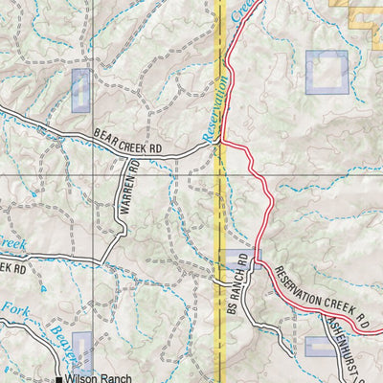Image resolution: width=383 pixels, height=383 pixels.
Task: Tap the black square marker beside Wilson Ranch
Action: pos(58,379)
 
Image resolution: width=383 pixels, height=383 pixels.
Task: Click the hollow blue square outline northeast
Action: pos(327,72)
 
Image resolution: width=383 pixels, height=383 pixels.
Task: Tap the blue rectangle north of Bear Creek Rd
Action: pos(81,90)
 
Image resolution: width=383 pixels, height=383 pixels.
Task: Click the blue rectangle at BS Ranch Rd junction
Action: pos(237,259)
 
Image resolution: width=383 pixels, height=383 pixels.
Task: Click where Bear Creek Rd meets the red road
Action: pos(222,145)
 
